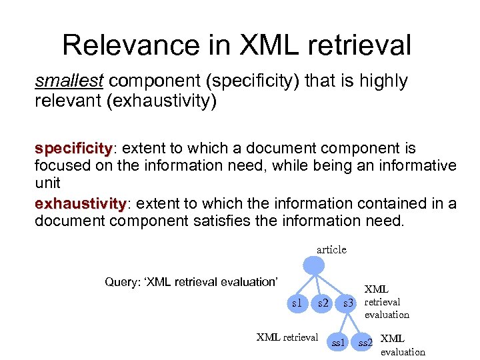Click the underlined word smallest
tap(69, 81)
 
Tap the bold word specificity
tap(72, 147)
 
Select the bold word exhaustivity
tap(79, 203)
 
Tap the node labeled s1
tap(296, 303)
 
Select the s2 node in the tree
tap(323, 303)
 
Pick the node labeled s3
tap(347, 303)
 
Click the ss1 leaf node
tap(339, 342)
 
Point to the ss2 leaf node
tap(364, 342)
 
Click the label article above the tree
tap(331, 249)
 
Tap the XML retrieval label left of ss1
tap(287, 336)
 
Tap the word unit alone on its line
tap(47, 183)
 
